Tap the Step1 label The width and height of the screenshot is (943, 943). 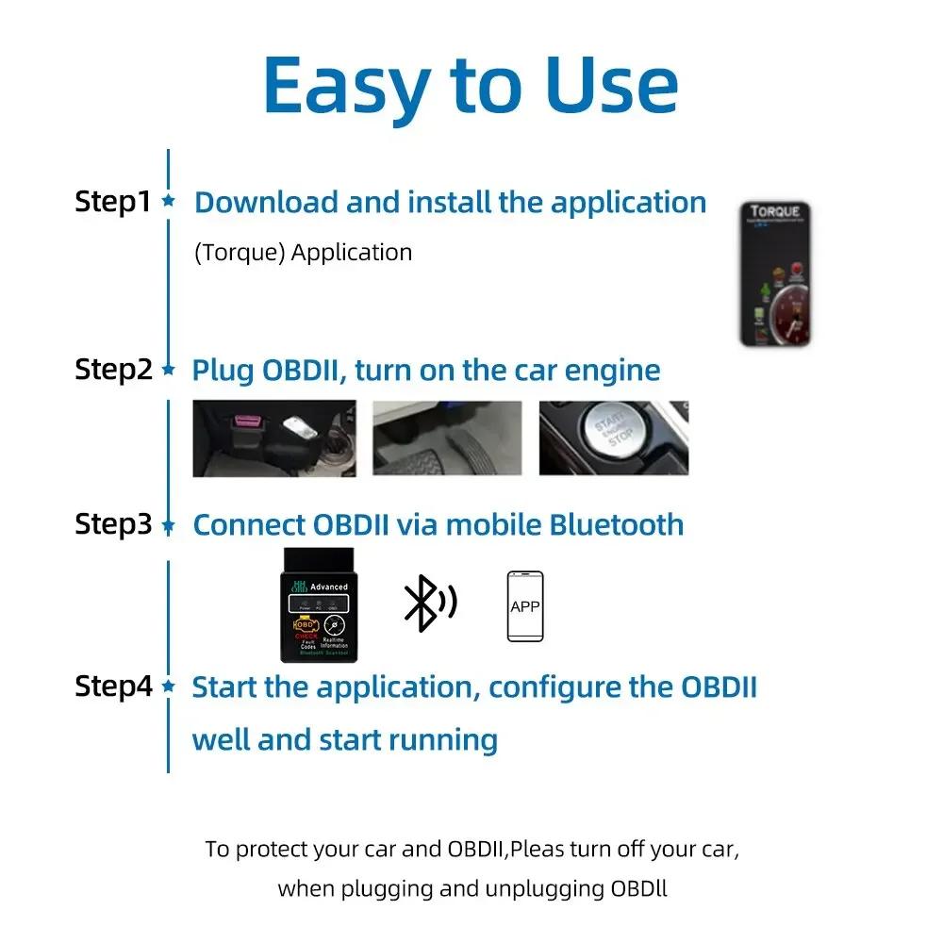coord(112,202)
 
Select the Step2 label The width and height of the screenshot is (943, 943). coord(112,370)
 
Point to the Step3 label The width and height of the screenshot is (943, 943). coord(112,524)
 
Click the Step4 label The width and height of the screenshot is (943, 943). coord(112,687)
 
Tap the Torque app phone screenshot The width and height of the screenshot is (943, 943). coord(775,273)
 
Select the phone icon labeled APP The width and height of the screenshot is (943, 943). coord(524,606)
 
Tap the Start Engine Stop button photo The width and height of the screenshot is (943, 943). coord(613,438)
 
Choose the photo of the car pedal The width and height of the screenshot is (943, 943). coord(447,438)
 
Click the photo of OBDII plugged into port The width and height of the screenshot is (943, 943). coord(274,438)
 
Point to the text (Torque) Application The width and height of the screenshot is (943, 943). coord(303,253)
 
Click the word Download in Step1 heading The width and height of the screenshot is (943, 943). coord(266,203)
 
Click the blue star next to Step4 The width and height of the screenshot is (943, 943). coord(169,687)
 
